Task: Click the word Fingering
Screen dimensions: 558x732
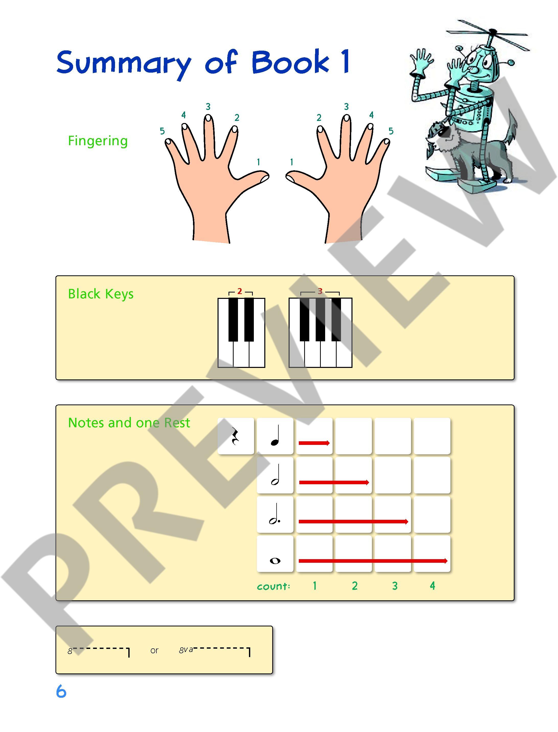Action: pyautogui.click(x=98, y=141)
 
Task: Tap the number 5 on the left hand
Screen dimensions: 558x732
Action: pyautogui.click(x=162, y=131)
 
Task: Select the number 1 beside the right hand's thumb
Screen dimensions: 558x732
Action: pyautogui.click(x=292, y=162)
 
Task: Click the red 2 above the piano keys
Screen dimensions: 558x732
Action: pyautogui.click(x=240, y=291)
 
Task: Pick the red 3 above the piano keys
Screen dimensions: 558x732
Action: pyautogui.click(x=320, y=291)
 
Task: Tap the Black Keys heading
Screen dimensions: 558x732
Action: pyautogui.click(x=101, y=294)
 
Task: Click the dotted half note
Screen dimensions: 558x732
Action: pyautogui.click(x=275, y=514)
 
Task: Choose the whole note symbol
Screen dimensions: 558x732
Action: pyautogui.click(x=275, y=561)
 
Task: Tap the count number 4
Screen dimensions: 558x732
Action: pyautogui.click(x=432, y=586)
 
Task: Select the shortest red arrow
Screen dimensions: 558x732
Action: pyautogui.click(x=314, y=443)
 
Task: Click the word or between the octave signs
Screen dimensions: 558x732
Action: pyautogui.click(x=154, y=651)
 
